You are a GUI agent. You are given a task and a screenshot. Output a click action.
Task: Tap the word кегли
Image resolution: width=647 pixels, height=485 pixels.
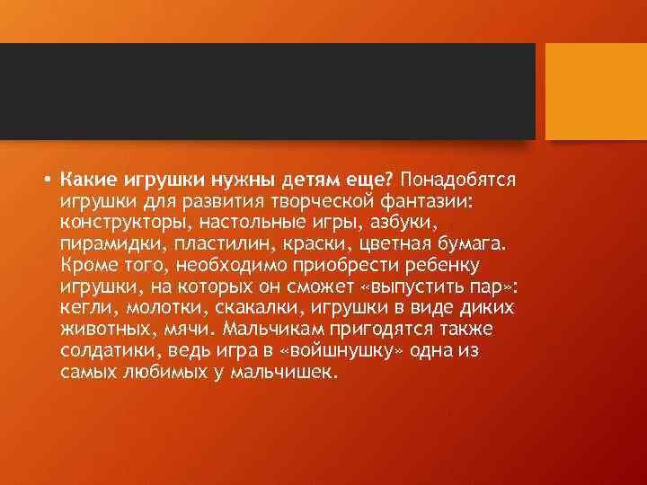point(84,307)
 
